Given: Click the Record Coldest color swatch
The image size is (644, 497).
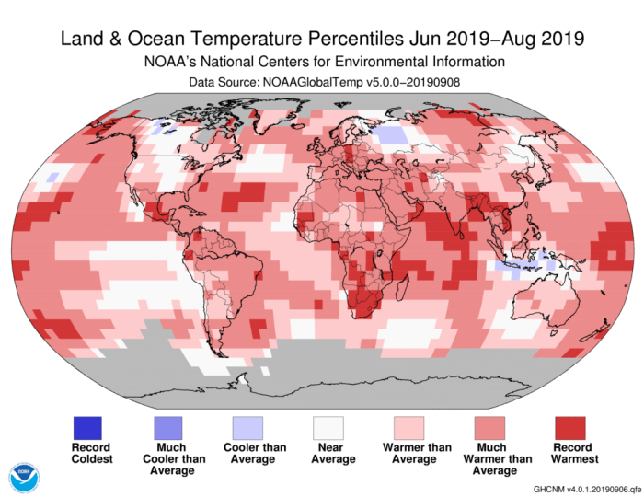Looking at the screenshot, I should pos(87,427).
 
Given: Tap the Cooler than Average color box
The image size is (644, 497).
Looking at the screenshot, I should pos(247,427).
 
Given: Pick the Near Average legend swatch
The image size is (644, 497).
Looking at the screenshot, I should pos(328,427).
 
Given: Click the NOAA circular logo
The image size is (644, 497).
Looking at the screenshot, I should pos(25,477).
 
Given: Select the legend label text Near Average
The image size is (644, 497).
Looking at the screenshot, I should pos(328,453).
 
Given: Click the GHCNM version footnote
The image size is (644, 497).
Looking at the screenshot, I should pos(583,488).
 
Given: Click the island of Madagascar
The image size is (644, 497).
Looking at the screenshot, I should pos(402,284).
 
